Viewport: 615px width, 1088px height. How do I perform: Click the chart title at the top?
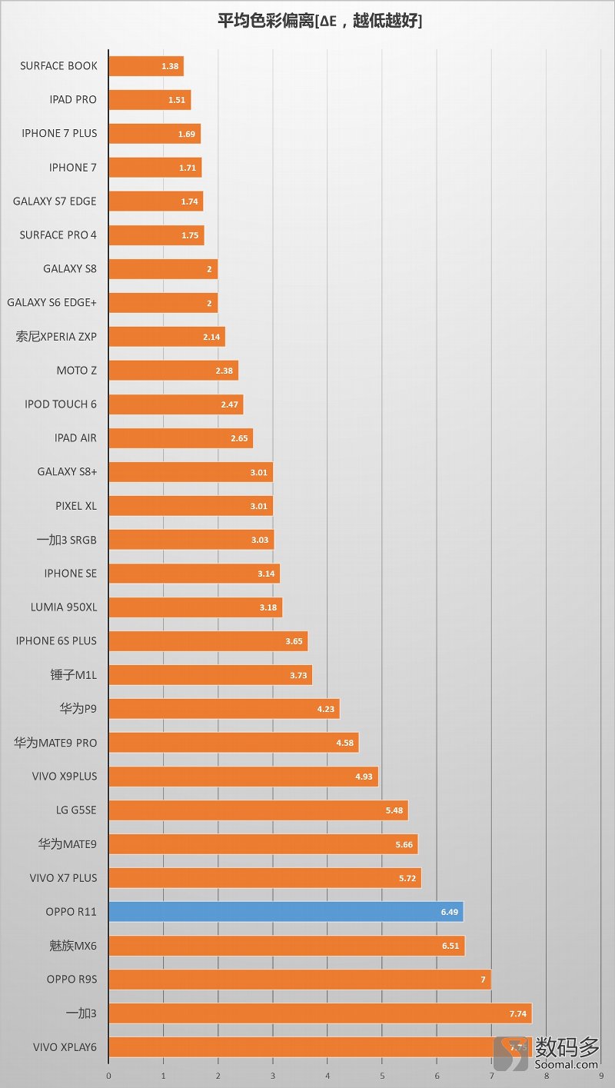[320, 22]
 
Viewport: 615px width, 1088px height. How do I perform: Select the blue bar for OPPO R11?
[285, 912]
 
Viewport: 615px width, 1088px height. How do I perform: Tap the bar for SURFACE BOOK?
[146, 66]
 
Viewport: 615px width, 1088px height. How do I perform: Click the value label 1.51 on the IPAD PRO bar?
[178, 100]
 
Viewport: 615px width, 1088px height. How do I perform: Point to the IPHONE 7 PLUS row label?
[59, 134]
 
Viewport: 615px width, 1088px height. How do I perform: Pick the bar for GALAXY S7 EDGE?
[155, 201]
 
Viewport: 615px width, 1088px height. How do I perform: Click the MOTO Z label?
[77, 371]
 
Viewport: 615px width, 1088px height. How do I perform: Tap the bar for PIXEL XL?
[191, 506]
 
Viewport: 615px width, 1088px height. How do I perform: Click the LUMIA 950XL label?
[64, 607]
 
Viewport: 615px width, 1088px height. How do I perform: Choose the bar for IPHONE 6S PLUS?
[208, 641]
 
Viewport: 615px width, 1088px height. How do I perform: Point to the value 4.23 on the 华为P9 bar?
[326, 709]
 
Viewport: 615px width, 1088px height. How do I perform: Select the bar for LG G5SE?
[258, 810]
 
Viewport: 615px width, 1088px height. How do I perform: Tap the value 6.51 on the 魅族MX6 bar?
[450, 946]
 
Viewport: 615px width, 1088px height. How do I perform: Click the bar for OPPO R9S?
[300, 980]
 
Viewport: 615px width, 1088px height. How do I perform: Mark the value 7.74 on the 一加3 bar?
[518, 1013]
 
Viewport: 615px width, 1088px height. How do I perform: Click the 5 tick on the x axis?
[382, 1075]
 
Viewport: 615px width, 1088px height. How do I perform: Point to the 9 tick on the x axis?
[600, 1075]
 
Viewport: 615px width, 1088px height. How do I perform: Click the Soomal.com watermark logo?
[547, 1052]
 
